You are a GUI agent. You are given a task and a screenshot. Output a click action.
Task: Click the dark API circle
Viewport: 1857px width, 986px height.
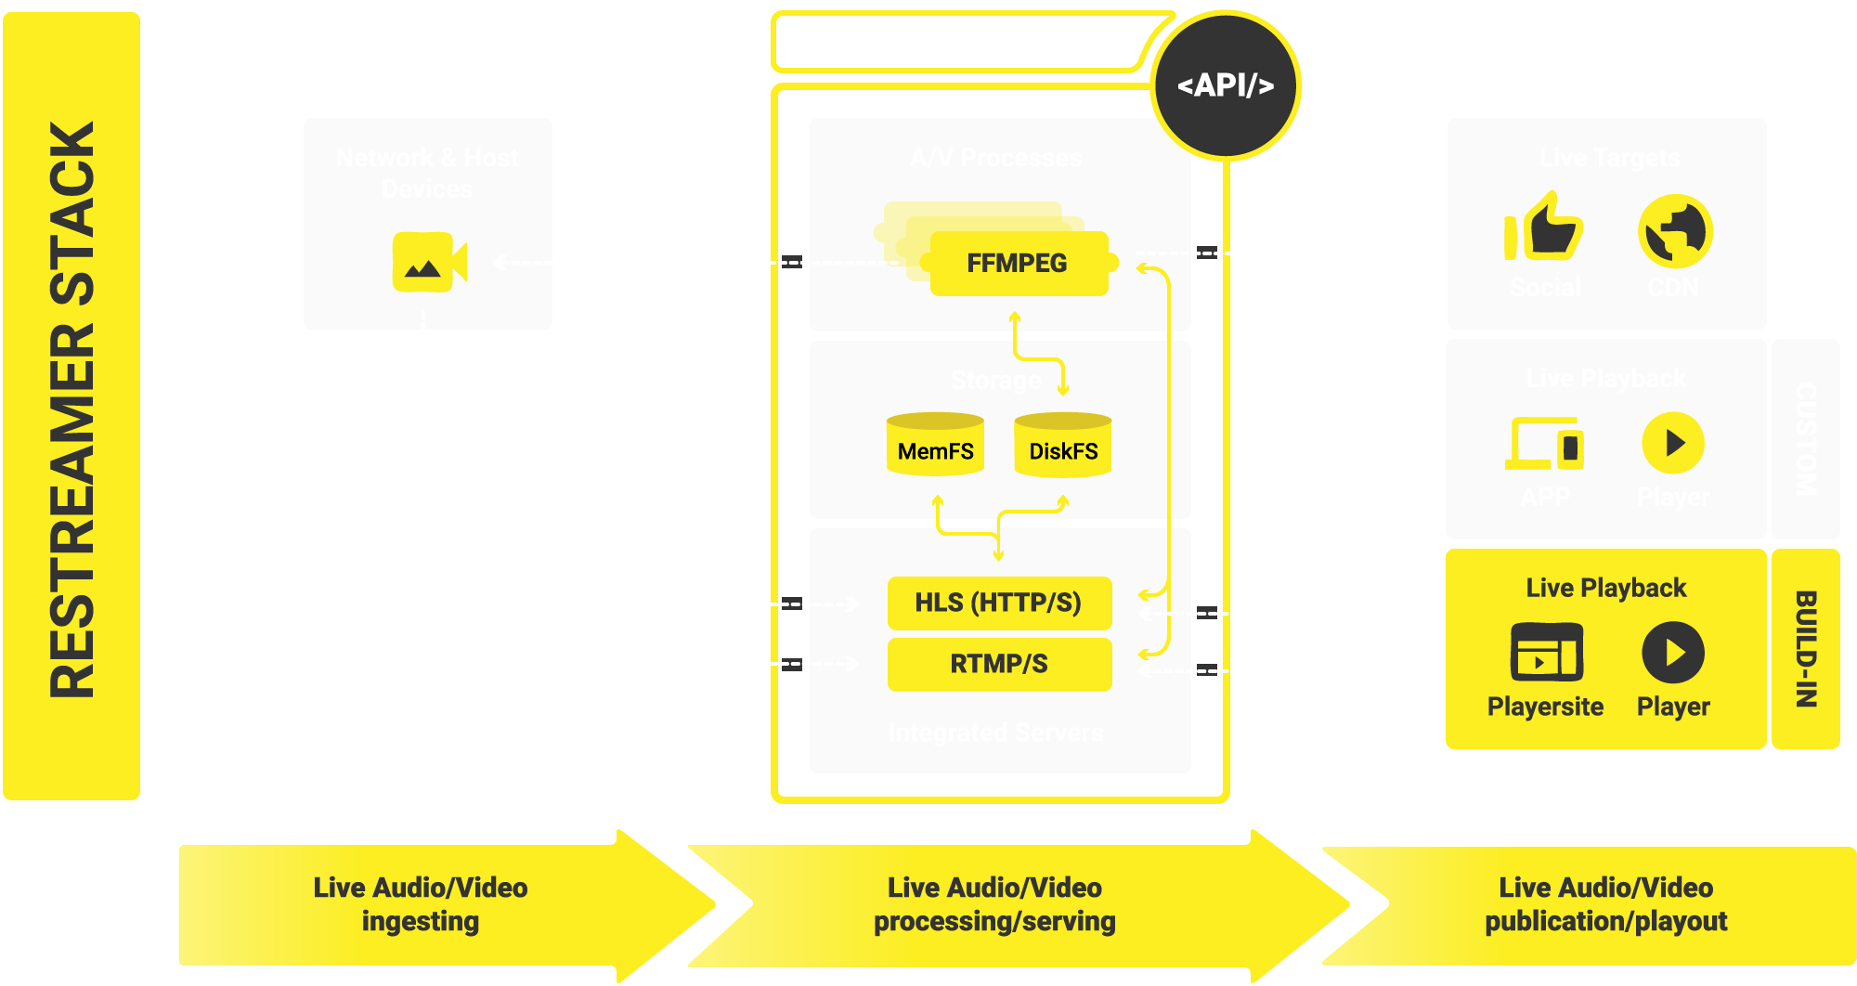point(1226,85)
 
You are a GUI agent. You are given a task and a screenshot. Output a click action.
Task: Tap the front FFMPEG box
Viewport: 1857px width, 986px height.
point(1018,264)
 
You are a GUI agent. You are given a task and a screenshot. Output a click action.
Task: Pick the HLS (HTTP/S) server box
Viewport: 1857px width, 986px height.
point(998,603)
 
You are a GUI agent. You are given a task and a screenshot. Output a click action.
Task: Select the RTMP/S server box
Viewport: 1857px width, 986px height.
point(998,665)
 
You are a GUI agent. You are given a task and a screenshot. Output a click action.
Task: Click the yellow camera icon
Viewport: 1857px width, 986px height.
point(428,262)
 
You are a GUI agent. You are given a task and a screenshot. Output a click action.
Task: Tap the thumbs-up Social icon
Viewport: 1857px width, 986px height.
point(1544,227)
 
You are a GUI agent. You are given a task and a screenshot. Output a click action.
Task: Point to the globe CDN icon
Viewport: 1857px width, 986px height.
point(1675,231)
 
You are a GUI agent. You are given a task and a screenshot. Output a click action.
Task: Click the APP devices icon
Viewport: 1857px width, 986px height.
point(1545,444)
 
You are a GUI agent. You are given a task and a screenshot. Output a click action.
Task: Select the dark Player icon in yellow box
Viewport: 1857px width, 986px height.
point(1673,653)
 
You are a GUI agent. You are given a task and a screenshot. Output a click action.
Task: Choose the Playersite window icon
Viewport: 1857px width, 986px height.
point(1546,653)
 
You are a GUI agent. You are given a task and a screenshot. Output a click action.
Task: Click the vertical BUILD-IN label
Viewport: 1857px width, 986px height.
point(1806,649)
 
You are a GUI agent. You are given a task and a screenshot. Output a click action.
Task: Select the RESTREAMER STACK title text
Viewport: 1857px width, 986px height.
point(72,409)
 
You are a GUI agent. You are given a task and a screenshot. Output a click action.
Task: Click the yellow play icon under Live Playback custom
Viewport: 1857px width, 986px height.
point(1673,443)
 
